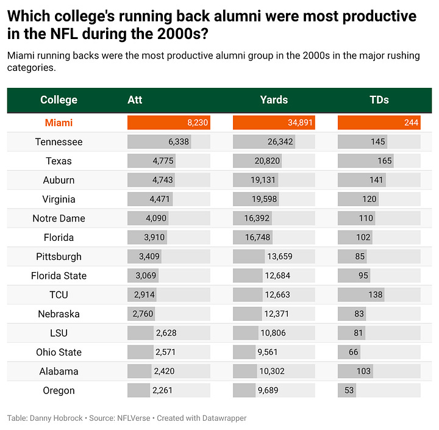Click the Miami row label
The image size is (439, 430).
59,123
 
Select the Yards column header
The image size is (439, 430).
273,100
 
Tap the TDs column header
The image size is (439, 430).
379,100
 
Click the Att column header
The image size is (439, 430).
135,100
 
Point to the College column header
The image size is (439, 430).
59,100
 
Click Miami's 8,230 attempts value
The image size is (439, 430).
198,123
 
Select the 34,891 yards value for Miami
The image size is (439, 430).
300,123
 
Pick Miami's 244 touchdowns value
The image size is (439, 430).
411,123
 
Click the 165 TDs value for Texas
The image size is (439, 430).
384,161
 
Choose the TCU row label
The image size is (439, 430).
59,295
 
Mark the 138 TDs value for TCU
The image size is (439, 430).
375,295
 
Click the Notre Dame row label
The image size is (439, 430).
59,218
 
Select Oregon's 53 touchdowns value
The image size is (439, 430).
349,390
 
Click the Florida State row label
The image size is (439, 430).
59,276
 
